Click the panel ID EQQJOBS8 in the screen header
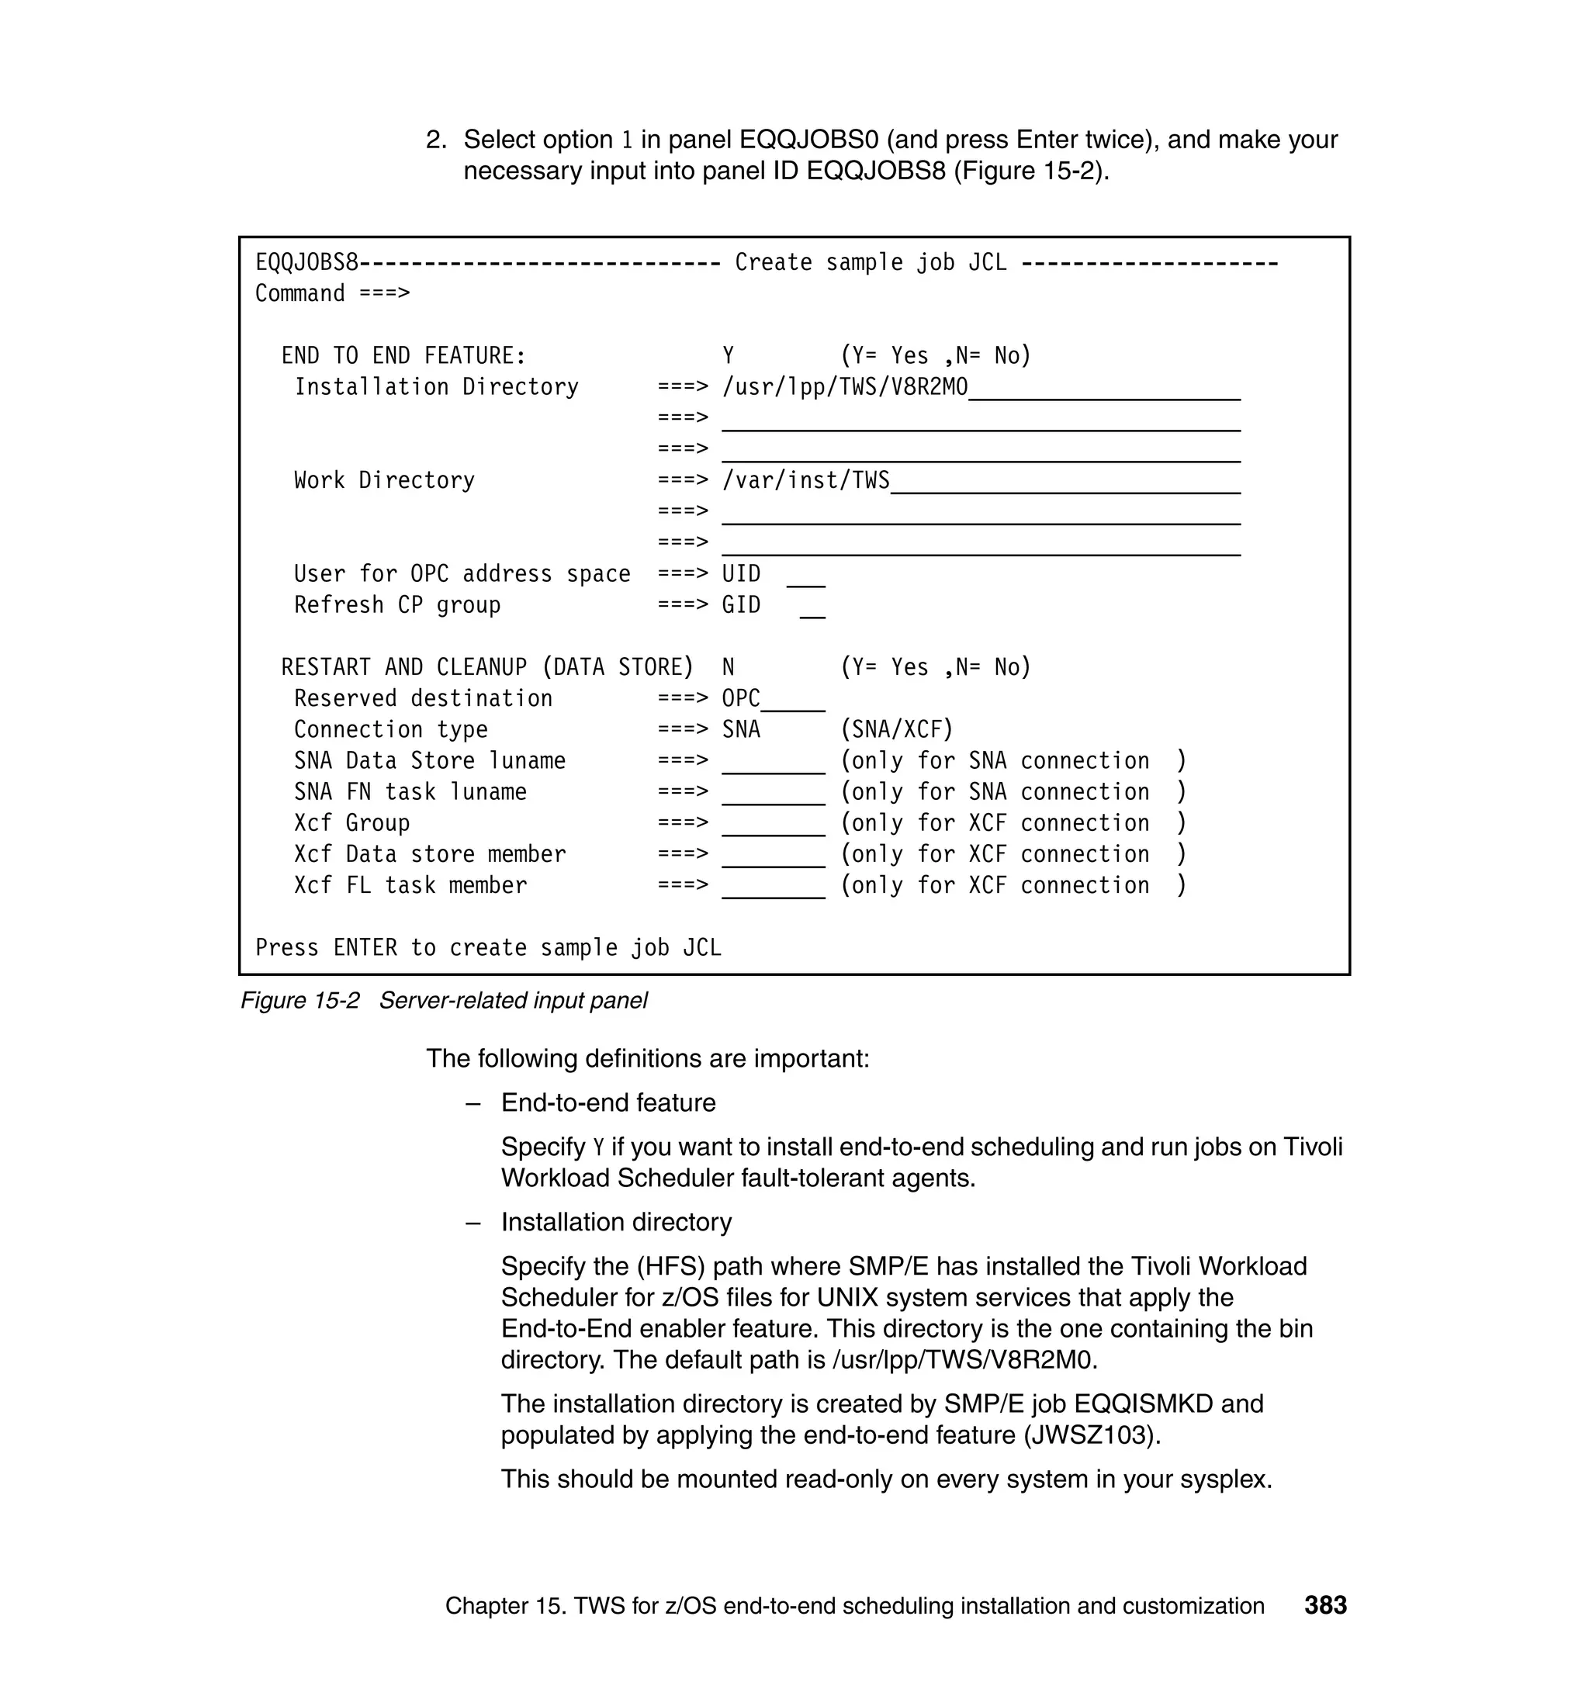click(x=306, y=262)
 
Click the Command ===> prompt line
click(x=332, y=294)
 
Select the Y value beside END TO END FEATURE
click(x=728, y=355)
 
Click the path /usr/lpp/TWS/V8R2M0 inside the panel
click(x=844, y=387)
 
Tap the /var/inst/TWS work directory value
click(x=805, y=480)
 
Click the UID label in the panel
click(x=741, y=574)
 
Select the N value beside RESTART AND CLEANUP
click(x=728, y=667)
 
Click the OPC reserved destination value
click(x=741, y=699)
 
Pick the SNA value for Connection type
click(x=741, y=730)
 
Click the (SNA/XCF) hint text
click(x=897, y=730)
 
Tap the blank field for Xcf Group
click(x=773, y=825)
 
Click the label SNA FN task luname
click(x=410, y=792)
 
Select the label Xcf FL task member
click(x=410, y=886)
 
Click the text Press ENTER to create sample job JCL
click(x=488, y=948)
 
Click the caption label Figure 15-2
click(x=299, y=1001)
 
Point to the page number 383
click(x=1324, y=1606)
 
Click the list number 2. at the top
click(x=435, y=140)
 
